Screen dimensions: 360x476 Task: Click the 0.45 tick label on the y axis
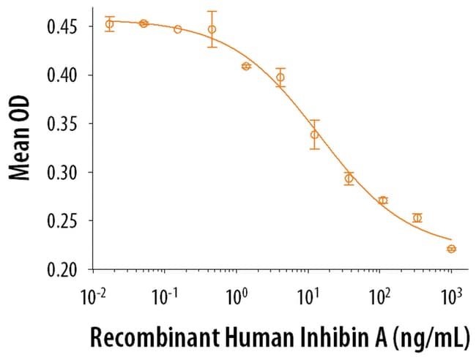tap(64, 27)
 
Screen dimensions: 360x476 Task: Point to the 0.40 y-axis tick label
tap(64, 75)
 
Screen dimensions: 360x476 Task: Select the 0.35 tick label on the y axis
tap(64, 124)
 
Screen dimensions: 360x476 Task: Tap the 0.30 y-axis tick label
tap(64, 173)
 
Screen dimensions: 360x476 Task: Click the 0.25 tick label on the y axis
tap(64, 221)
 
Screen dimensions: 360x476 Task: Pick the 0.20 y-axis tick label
tap(64, 269)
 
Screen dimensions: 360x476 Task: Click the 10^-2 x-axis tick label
tap(94, 298)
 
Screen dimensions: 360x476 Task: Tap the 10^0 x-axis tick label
tap(237, 298)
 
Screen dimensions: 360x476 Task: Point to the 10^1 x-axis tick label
tap(308, 298)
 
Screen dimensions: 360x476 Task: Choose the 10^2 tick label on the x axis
tap(379, 298)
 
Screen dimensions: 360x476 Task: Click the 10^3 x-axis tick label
tap(450, 298)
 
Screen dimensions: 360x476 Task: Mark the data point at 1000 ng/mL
tap(451, 249)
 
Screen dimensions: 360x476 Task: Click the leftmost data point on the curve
tap(109, 24)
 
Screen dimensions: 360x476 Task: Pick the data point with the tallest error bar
tap(212, 29)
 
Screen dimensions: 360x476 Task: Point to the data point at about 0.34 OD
tap(314, 135)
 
